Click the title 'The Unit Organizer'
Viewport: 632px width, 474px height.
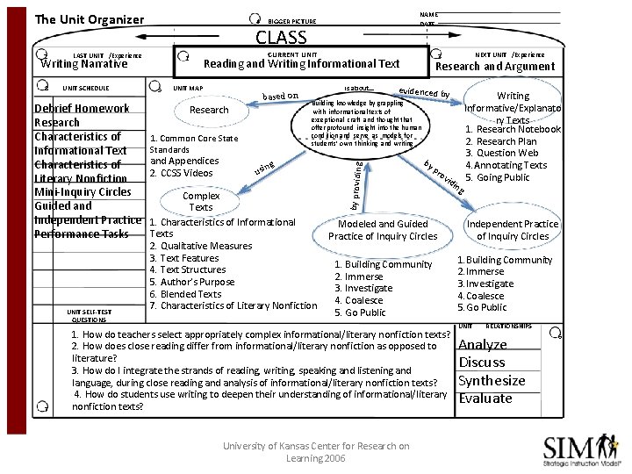click(89, 19)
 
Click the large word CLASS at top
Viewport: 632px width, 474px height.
click(281, 38)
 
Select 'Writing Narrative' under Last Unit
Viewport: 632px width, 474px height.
click(84, 63)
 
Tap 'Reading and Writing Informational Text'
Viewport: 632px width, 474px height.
click(301, 63)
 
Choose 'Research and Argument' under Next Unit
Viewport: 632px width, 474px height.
click(495, 66)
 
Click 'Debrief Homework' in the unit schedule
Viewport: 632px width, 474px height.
click(82, 109)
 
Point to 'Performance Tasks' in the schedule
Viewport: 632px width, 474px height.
click(81, 234)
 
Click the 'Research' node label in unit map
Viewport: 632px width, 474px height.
click(209, 111)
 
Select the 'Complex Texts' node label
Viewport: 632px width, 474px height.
click(201, 201)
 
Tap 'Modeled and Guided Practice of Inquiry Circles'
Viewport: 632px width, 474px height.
click(383, 230)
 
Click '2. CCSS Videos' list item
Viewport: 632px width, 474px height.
click(181, 173)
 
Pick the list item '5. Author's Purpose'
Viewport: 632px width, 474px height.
click(192, 282)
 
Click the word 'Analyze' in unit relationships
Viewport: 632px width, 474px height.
click(483, 345)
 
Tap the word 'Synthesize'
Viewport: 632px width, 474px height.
click(492, 381)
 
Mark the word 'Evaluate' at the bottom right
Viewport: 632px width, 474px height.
click(485, 399)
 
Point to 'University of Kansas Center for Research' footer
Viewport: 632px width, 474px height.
click(316, 446)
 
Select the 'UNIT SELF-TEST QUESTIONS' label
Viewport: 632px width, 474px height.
click(90, 315)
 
